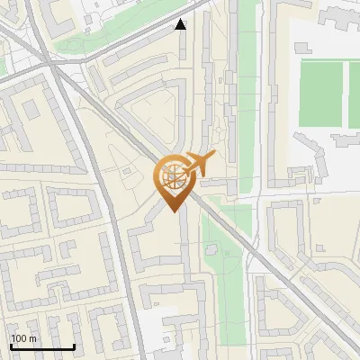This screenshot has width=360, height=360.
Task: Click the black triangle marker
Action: tap(181, 24)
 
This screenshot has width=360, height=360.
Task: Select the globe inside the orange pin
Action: tap(172, 176)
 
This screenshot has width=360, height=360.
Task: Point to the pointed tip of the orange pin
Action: tap(172, 211)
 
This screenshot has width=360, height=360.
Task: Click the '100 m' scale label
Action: tap(23, 338)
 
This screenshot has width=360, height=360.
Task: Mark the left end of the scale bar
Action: tap(11, 347)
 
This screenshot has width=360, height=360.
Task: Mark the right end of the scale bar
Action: tap(74, 347)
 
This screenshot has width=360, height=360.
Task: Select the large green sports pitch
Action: tap(320, 92)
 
